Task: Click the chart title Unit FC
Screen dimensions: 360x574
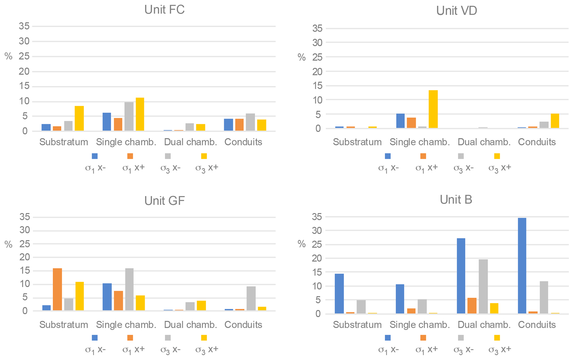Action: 164,10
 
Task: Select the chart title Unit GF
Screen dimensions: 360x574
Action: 164,201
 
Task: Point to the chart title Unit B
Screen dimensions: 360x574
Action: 456,200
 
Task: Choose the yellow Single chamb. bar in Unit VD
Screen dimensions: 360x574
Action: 433,109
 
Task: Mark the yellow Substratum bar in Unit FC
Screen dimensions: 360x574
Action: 79,118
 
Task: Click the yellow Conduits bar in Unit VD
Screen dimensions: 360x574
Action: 555,121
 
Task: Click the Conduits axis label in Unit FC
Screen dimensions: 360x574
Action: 243,142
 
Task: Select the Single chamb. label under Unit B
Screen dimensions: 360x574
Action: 420,325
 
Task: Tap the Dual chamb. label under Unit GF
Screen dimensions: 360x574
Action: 191,325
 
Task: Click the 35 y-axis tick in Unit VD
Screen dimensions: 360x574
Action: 317,28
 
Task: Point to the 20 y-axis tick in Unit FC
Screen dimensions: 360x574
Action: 24,71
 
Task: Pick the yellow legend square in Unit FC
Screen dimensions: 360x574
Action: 204,156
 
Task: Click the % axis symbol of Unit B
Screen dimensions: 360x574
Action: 302,244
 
